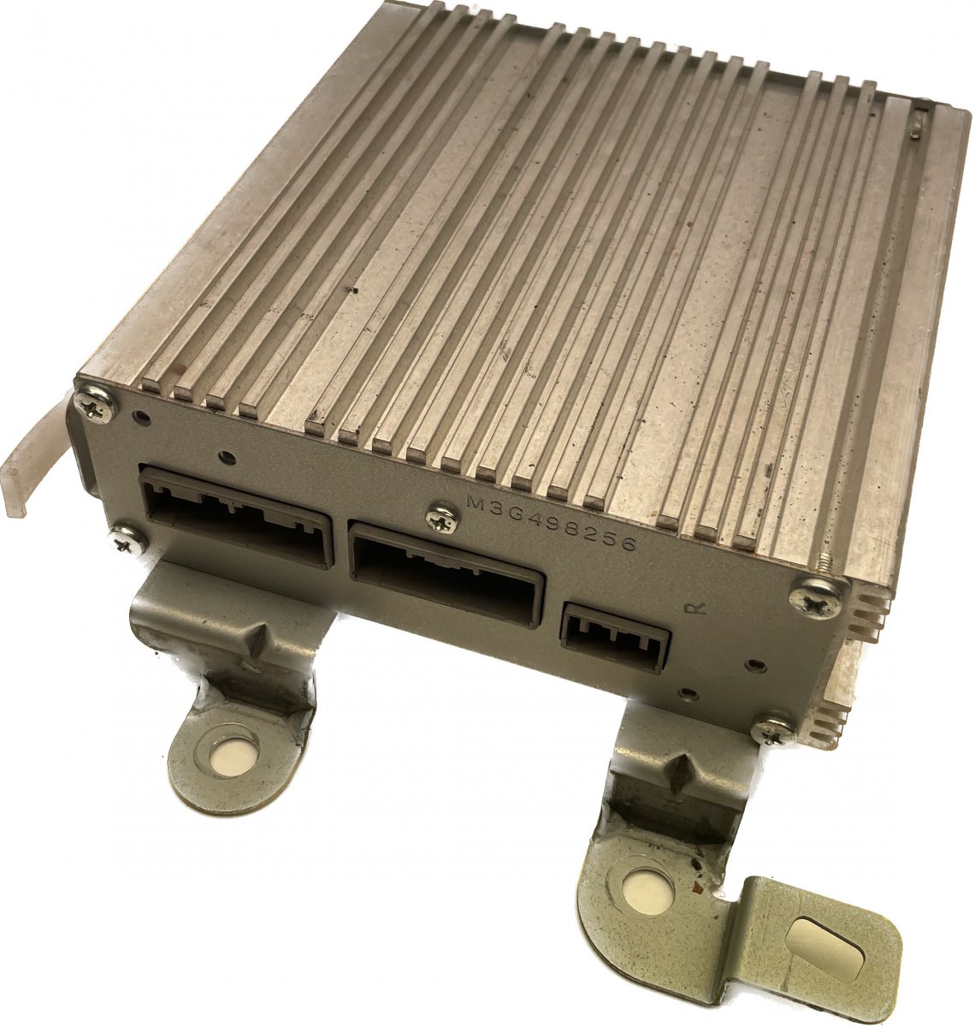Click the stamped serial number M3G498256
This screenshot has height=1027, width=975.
point(551,522)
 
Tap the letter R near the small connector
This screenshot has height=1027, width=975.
point(695,607)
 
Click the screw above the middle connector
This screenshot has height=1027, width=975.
point(442,519)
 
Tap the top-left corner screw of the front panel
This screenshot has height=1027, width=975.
point(95,406)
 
